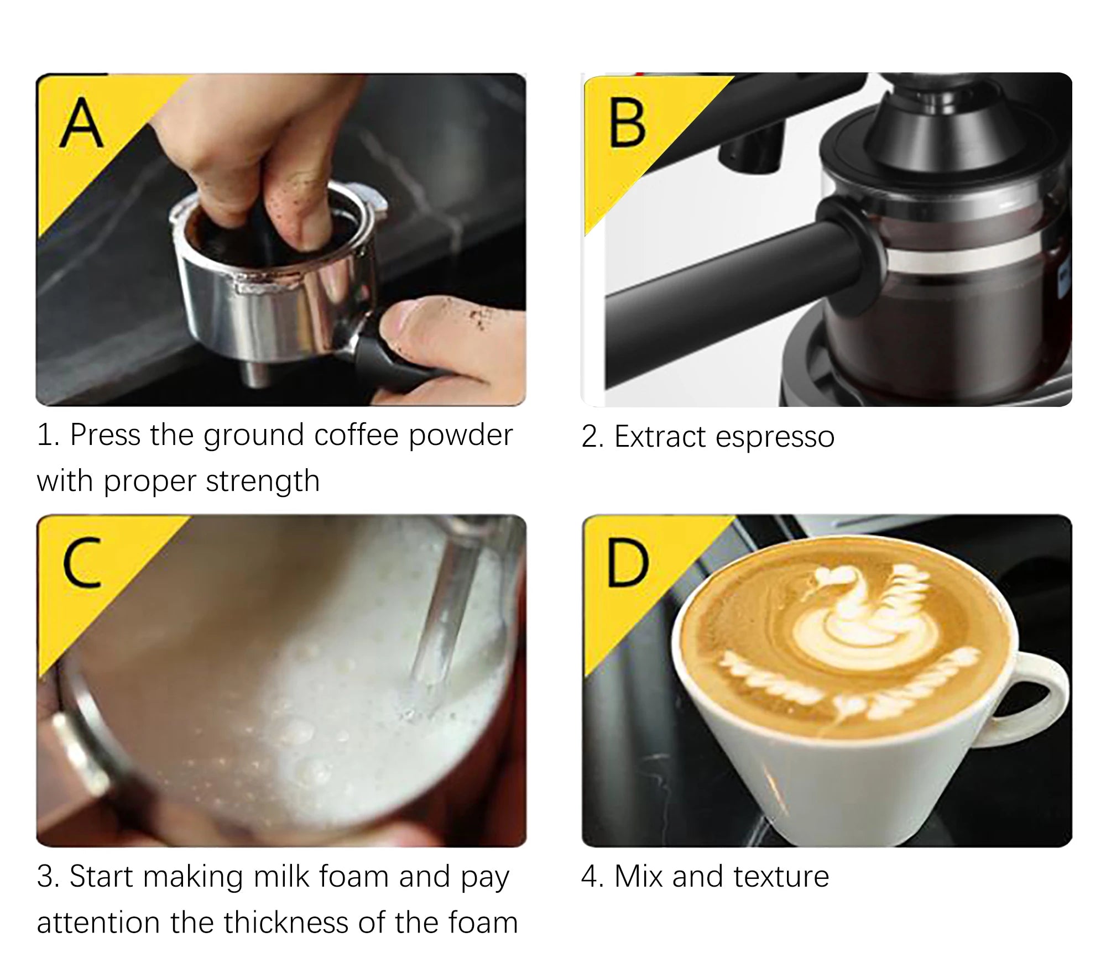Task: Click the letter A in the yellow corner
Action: [x=81, y=124]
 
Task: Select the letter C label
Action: [x=82, y=563]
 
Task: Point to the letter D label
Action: [x=627, y=563]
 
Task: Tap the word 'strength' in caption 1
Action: [x=263, y=481]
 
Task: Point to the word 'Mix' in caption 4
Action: [x=638, y=877]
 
